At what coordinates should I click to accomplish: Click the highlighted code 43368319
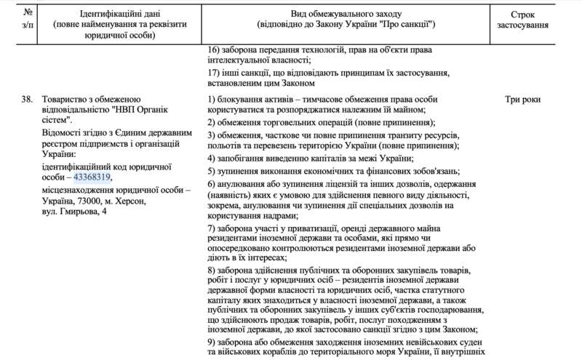(92, 176)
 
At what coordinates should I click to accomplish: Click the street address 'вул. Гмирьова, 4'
(72, 211)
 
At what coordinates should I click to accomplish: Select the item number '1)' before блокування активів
(212, 98)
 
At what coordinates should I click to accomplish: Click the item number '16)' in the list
(214, 49)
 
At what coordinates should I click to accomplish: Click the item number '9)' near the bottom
(212, 343)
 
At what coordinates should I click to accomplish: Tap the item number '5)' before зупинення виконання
(212, 171)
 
